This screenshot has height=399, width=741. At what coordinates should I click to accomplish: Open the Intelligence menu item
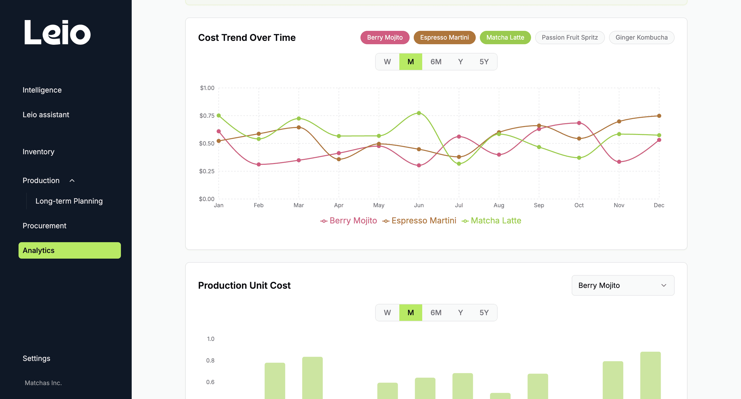(x=42, y=90)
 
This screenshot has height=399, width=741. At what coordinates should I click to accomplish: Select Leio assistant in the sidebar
(x=46, y=115)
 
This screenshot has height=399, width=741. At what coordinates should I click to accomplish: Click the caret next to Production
(x=72, y=180)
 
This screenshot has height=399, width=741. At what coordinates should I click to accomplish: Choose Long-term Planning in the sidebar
(x=69, y=201)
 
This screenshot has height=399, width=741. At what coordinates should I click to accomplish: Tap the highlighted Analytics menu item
(x=70, y=250)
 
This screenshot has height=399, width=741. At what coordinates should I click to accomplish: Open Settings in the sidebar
(x=36, y=358)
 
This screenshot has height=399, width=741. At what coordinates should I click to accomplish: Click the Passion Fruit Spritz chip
(x=570, y=37)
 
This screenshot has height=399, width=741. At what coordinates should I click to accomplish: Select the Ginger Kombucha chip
(x=641, y=37)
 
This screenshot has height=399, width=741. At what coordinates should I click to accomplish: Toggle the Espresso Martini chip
(x=444, y=37)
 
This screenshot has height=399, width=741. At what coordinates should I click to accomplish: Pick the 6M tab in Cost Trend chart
(x=436, y=62)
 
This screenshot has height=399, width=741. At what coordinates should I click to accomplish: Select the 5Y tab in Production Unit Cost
(x=484, y=312)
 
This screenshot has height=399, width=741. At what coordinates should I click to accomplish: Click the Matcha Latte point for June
(x=419, y=113)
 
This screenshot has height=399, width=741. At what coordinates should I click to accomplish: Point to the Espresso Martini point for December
(x=659, y=116)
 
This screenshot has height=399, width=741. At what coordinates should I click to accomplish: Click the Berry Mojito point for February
(x=259, y=165)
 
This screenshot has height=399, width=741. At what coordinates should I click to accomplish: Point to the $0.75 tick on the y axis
(x=207, y=115)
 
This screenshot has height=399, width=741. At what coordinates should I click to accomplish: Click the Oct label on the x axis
(x=579, y=205)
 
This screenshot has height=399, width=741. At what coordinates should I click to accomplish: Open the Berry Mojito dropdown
(x=623, y=285)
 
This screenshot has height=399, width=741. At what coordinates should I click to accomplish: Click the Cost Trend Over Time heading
(x=247, y=38)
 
